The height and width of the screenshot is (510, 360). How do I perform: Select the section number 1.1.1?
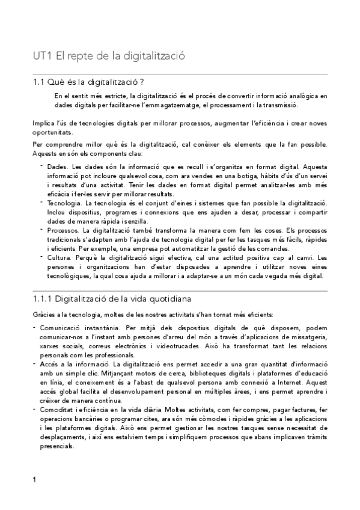tap(44, 298)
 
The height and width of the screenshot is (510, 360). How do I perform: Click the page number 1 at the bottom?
tap(34, 480)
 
